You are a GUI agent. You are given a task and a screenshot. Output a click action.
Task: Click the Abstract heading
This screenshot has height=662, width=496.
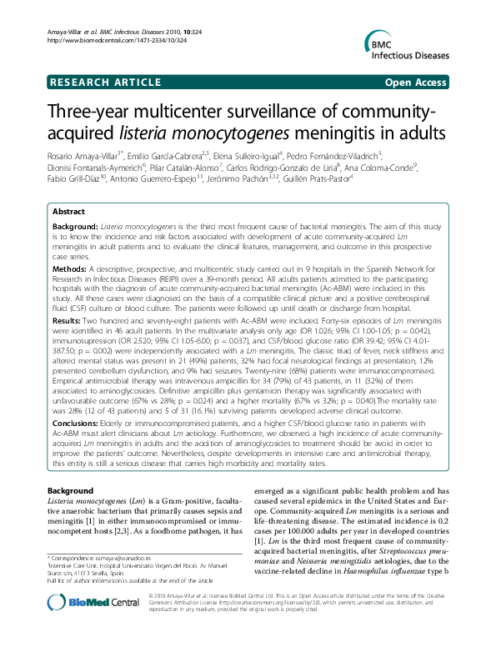68,212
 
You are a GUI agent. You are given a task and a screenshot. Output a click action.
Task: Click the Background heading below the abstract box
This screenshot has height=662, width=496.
70,490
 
